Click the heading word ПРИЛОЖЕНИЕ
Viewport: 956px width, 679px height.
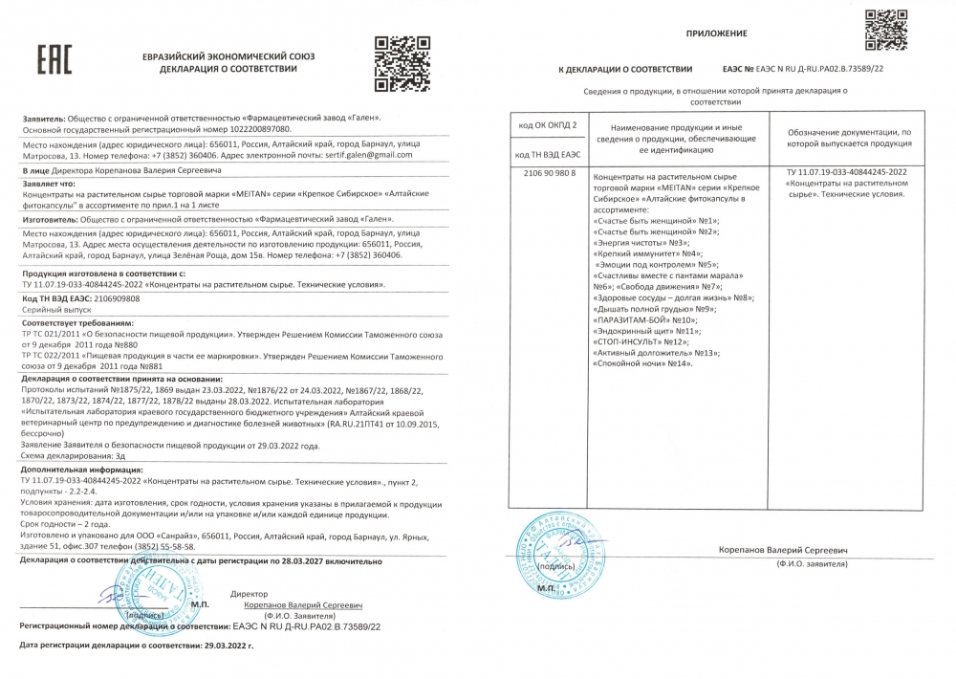(x=716, y=33)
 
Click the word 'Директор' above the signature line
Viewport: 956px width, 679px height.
(x=250, y=594)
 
